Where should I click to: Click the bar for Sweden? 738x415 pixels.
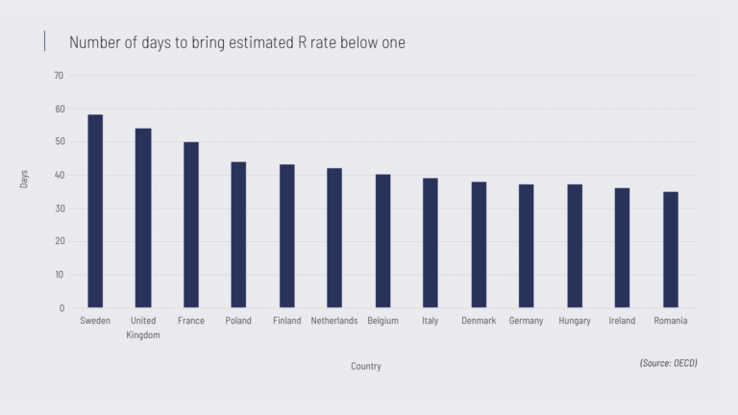(95, 211)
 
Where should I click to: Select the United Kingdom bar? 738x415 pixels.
(143, 218)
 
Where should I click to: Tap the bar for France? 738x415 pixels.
(191, 225)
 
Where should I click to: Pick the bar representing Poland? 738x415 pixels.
(238, 234)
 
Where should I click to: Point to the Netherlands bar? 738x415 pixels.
(334, 238)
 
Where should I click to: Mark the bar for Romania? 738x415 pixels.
(671, 250)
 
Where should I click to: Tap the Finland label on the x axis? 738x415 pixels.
(286, 321)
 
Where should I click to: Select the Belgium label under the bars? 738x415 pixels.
(382, 321)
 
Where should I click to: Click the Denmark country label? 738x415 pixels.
(479, 321)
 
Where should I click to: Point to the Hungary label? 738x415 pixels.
(575, 321)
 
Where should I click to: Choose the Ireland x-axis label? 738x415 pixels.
(622, 321)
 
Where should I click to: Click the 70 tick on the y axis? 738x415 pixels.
(59, 76)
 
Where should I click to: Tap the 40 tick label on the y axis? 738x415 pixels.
(59, 176)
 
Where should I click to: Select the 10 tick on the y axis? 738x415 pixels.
(59, 276)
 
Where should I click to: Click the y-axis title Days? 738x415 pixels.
(25, 179)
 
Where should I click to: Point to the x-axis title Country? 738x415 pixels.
(366, 366)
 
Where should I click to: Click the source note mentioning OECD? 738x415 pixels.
(668, 363)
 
